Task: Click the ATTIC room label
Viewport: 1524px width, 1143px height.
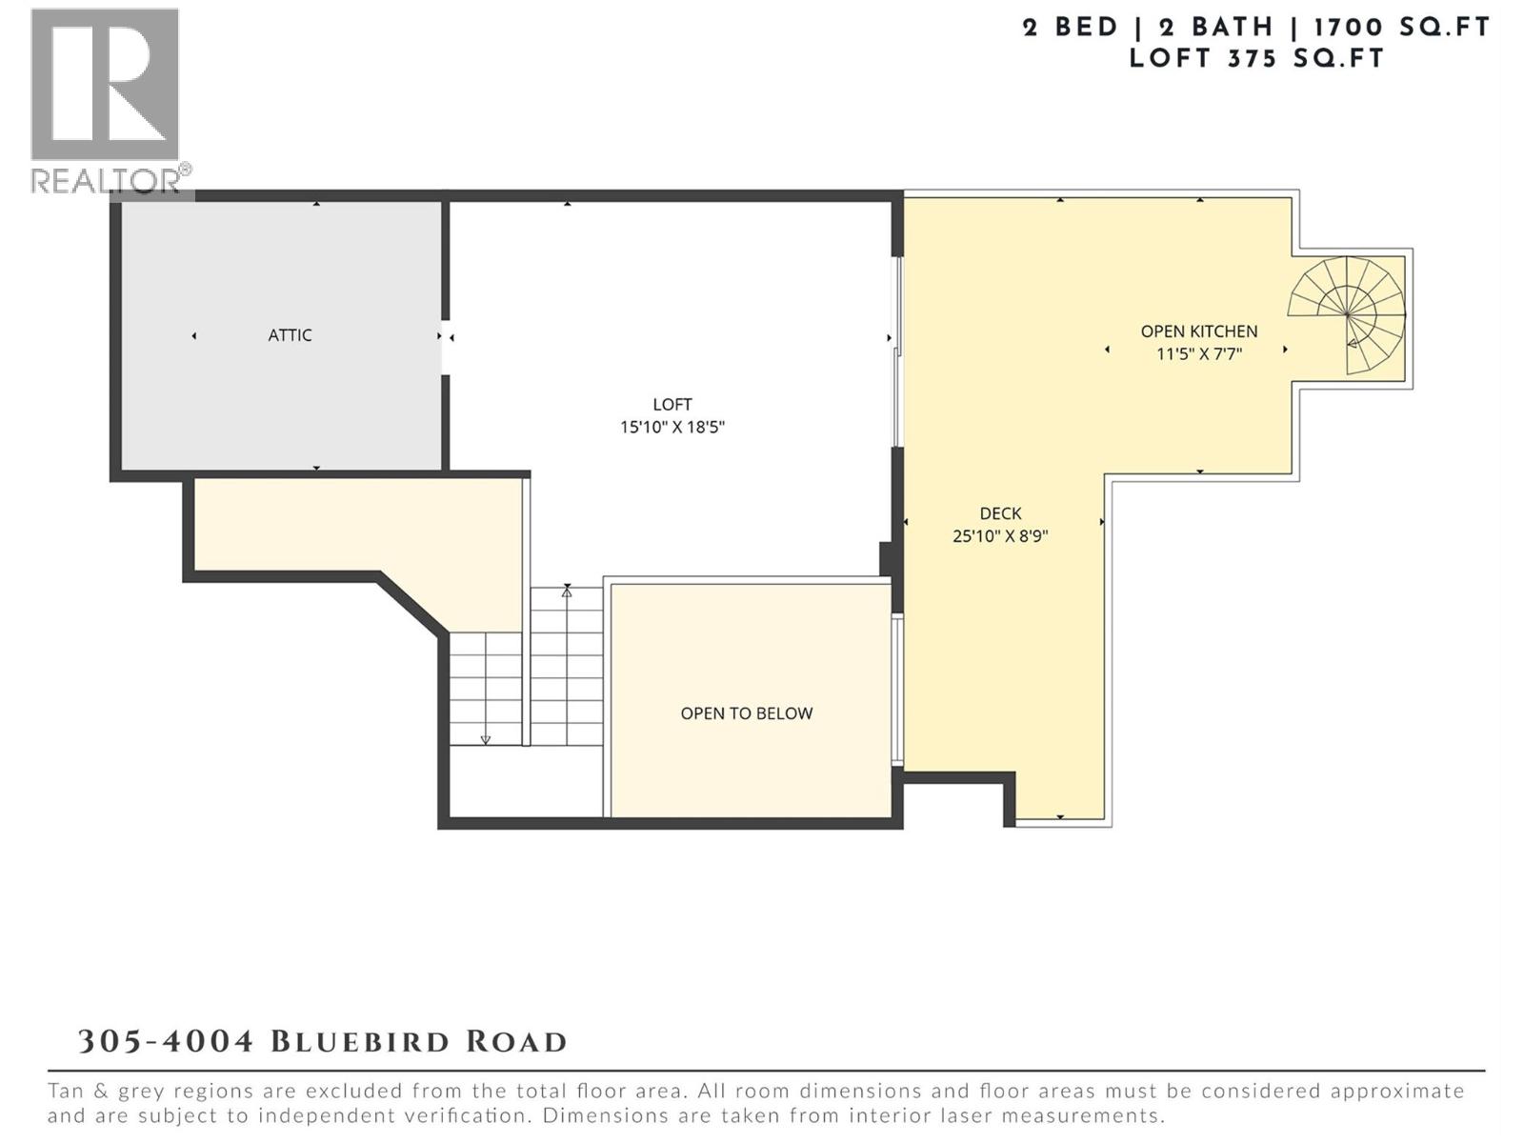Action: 290,335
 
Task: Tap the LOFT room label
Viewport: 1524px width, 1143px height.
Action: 672,405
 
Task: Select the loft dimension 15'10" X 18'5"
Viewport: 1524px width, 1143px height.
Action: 672,428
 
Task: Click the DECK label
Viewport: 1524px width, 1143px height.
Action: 1000,513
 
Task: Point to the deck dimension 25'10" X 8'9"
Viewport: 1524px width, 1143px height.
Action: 1000,536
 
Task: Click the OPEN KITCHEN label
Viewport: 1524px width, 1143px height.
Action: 1199,331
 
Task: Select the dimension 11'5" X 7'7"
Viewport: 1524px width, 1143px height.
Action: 1199,354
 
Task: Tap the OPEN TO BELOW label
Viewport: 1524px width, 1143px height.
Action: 746,713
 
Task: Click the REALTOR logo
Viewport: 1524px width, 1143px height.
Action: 107,100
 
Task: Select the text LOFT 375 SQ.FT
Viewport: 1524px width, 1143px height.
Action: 1256,58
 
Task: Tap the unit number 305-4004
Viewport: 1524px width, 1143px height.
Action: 166,1041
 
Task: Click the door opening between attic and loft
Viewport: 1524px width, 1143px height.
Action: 446,347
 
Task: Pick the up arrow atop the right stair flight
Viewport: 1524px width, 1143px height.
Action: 567,592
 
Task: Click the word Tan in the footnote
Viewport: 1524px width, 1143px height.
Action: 69,1092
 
